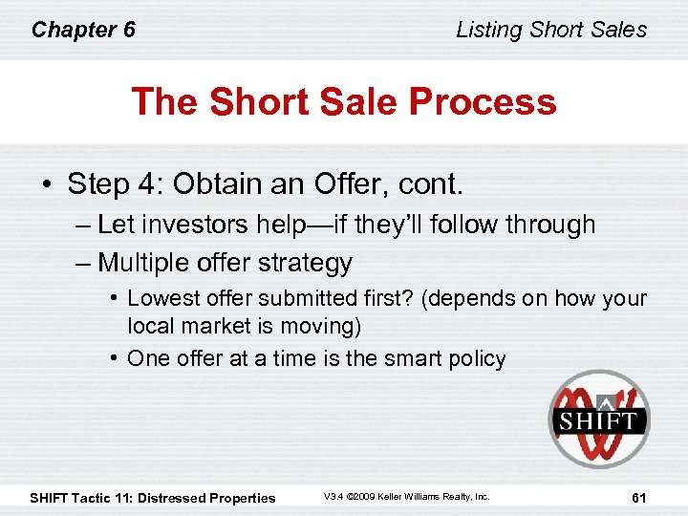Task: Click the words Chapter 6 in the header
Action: [83, 30]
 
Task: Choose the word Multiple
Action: [143, 262]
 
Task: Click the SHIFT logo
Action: [597, 419]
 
